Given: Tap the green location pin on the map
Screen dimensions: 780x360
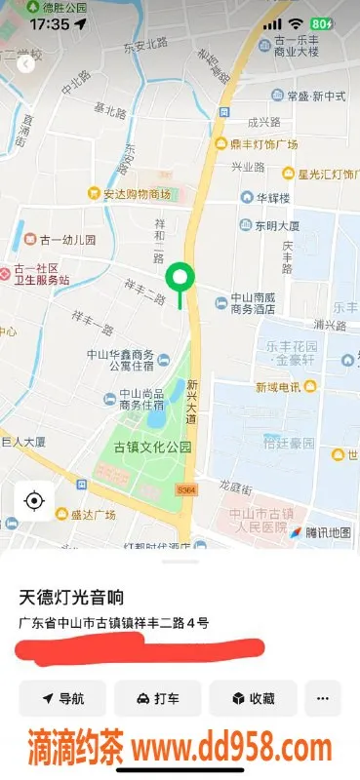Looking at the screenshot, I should tap(179, 278).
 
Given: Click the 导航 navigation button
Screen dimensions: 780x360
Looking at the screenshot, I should tap(62, 698).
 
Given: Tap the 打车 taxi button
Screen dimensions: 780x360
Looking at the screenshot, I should tap(157, 698).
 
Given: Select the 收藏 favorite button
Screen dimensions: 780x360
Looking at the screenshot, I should tap(252, 698).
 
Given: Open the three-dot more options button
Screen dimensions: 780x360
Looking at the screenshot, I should tap(323, 698).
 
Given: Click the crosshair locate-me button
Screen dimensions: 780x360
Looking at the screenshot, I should tap(34, 501).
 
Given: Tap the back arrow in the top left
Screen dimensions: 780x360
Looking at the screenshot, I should tap(25, 64).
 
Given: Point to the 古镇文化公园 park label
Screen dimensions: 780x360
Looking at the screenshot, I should tap(152, 448).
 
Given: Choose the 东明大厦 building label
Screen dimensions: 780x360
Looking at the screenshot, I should tap(270, 224).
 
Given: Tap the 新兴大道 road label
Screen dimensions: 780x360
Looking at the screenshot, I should tap(192, 401).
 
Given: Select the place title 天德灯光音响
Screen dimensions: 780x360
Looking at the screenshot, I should tap(72, 596).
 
